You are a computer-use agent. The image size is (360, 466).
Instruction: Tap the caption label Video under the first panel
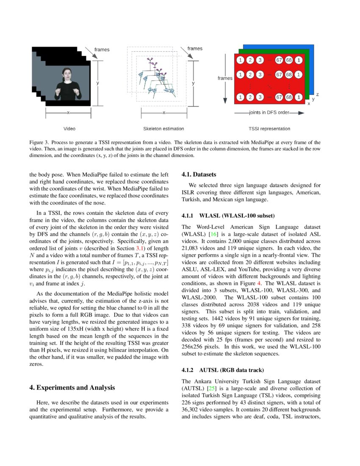click(x=69, y=129)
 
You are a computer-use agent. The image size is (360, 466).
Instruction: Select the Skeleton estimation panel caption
click(x=164, y=129)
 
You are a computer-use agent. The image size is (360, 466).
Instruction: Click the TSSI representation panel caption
click(x=269, y=129)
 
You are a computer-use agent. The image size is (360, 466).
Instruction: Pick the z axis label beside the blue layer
click(x=317, y=94)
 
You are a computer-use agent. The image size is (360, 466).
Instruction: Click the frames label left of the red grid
click(x=225, y=78)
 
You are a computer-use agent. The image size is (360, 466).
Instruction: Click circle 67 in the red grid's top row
click(x=279, y=60)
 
